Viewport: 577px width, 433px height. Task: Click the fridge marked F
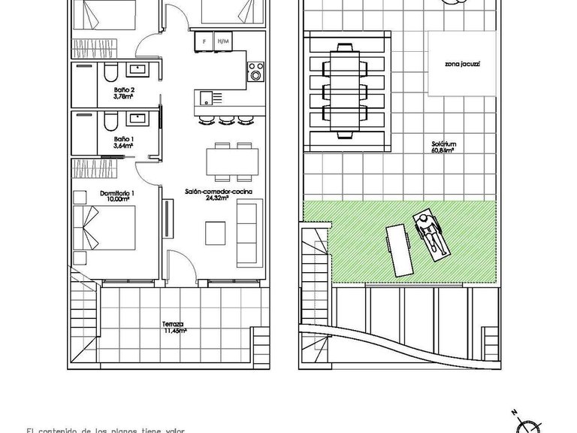(x=203, y=41)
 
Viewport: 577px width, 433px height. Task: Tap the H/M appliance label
(x=222, y=41)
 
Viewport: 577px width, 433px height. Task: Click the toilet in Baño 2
(x=110, y=72)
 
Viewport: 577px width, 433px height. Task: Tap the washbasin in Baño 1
(x=137, y=118)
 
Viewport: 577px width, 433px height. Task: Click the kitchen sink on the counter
(x=206, y=96)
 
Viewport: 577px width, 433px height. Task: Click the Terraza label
(x=174, y=325)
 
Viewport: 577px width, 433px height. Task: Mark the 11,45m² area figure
(x=174, y=332)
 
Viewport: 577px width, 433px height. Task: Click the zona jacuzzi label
(x=461, y=65)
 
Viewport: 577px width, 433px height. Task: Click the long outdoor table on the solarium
(x=347, y=90)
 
